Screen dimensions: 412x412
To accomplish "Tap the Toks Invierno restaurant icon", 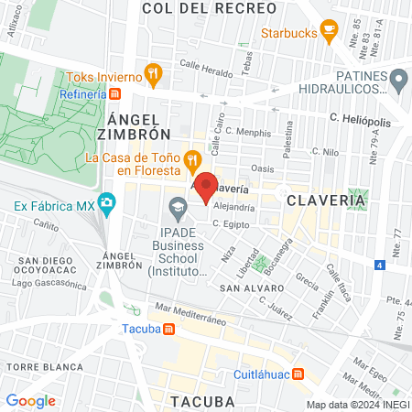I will click(x=154, y=75).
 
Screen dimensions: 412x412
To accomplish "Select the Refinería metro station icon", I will click(x=114, y=92).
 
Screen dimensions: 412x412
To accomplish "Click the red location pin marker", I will click(x=207, y=185).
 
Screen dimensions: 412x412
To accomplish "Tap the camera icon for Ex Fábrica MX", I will click(x=107, y=201).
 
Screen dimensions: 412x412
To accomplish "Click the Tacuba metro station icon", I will click(x=168, y=330).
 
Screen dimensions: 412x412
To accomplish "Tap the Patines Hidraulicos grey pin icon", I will click(x=397, y=81).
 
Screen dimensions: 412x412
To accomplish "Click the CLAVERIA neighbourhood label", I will click(x=317, y=200).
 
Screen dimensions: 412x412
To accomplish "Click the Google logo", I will click(x=30, y=400).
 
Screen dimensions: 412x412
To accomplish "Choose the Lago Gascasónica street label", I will click(x=45, y=283).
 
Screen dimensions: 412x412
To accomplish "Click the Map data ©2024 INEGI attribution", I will click(x=357, y=405).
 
